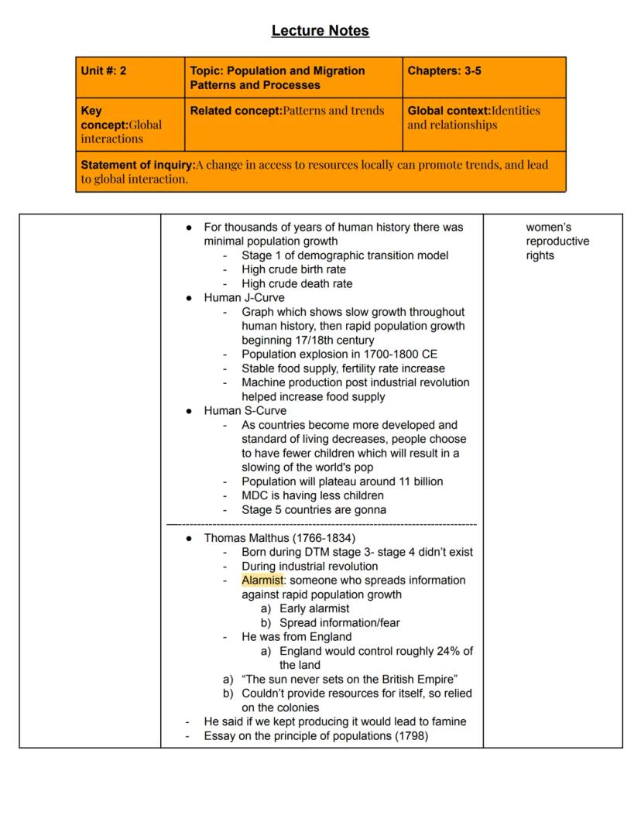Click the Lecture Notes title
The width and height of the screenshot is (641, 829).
click(x=320, y=31)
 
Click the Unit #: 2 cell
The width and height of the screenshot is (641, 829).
click(x=104, y=71)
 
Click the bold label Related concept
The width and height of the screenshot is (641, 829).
click(x=235, y=111)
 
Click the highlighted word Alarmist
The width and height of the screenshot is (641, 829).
click(x=263, y=580)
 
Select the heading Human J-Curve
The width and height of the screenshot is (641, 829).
click(x=244, y=297)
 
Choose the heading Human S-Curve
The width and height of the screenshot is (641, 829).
click(x=245, y=410)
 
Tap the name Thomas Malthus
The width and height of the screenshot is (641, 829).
click(x=247, y=538)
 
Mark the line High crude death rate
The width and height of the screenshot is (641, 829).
click(x=297, y=283)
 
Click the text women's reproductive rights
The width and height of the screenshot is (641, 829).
click(x=557, y=242)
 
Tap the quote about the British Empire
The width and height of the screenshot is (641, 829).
click(x=349, y=679)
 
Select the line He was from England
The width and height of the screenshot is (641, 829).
click(x=297, y=636)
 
